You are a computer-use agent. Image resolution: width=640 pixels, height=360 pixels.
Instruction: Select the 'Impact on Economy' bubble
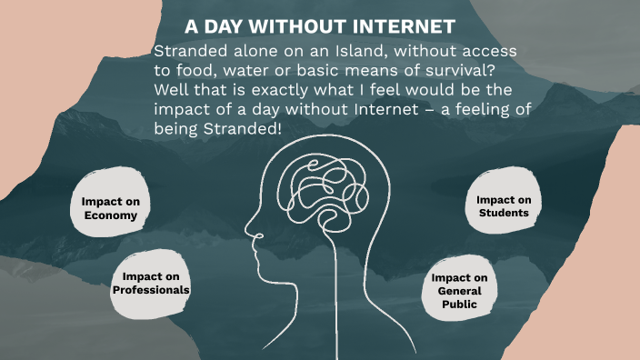coord(109,208)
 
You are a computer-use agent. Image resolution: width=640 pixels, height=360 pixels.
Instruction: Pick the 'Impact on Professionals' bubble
coord(151,283)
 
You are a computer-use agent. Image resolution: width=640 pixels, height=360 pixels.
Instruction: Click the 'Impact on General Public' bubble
coord(460,291)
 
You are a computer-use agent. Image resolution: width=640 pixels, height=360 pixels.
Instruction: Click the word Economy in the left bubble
coord(109,215)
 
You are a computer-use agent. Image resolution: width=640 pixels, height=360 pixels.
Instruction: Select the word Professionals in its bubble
coord(151,290)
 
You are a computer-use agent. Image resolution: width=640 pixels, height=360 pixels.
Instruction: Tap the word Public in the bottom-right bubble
coord(460,305)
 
